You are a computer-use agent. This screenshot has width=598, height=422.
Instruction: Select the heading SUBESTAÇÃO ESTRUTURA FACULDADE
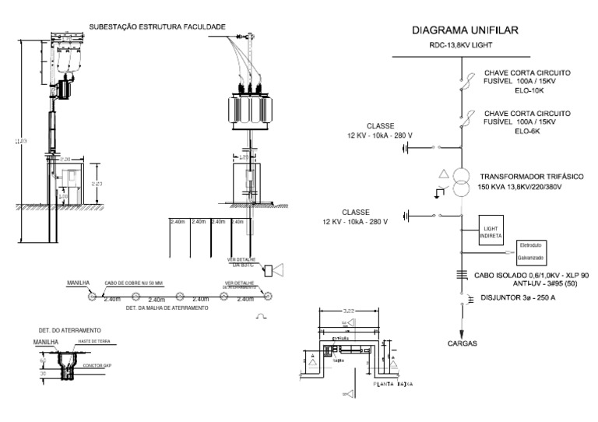[x=157, y=26]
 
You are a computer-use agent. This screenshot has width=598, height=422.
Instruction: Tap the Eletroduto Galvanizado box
[x=533, y=251]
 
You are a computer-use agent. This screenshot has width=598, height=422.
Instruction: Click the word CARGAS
[x=463, y=343]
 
